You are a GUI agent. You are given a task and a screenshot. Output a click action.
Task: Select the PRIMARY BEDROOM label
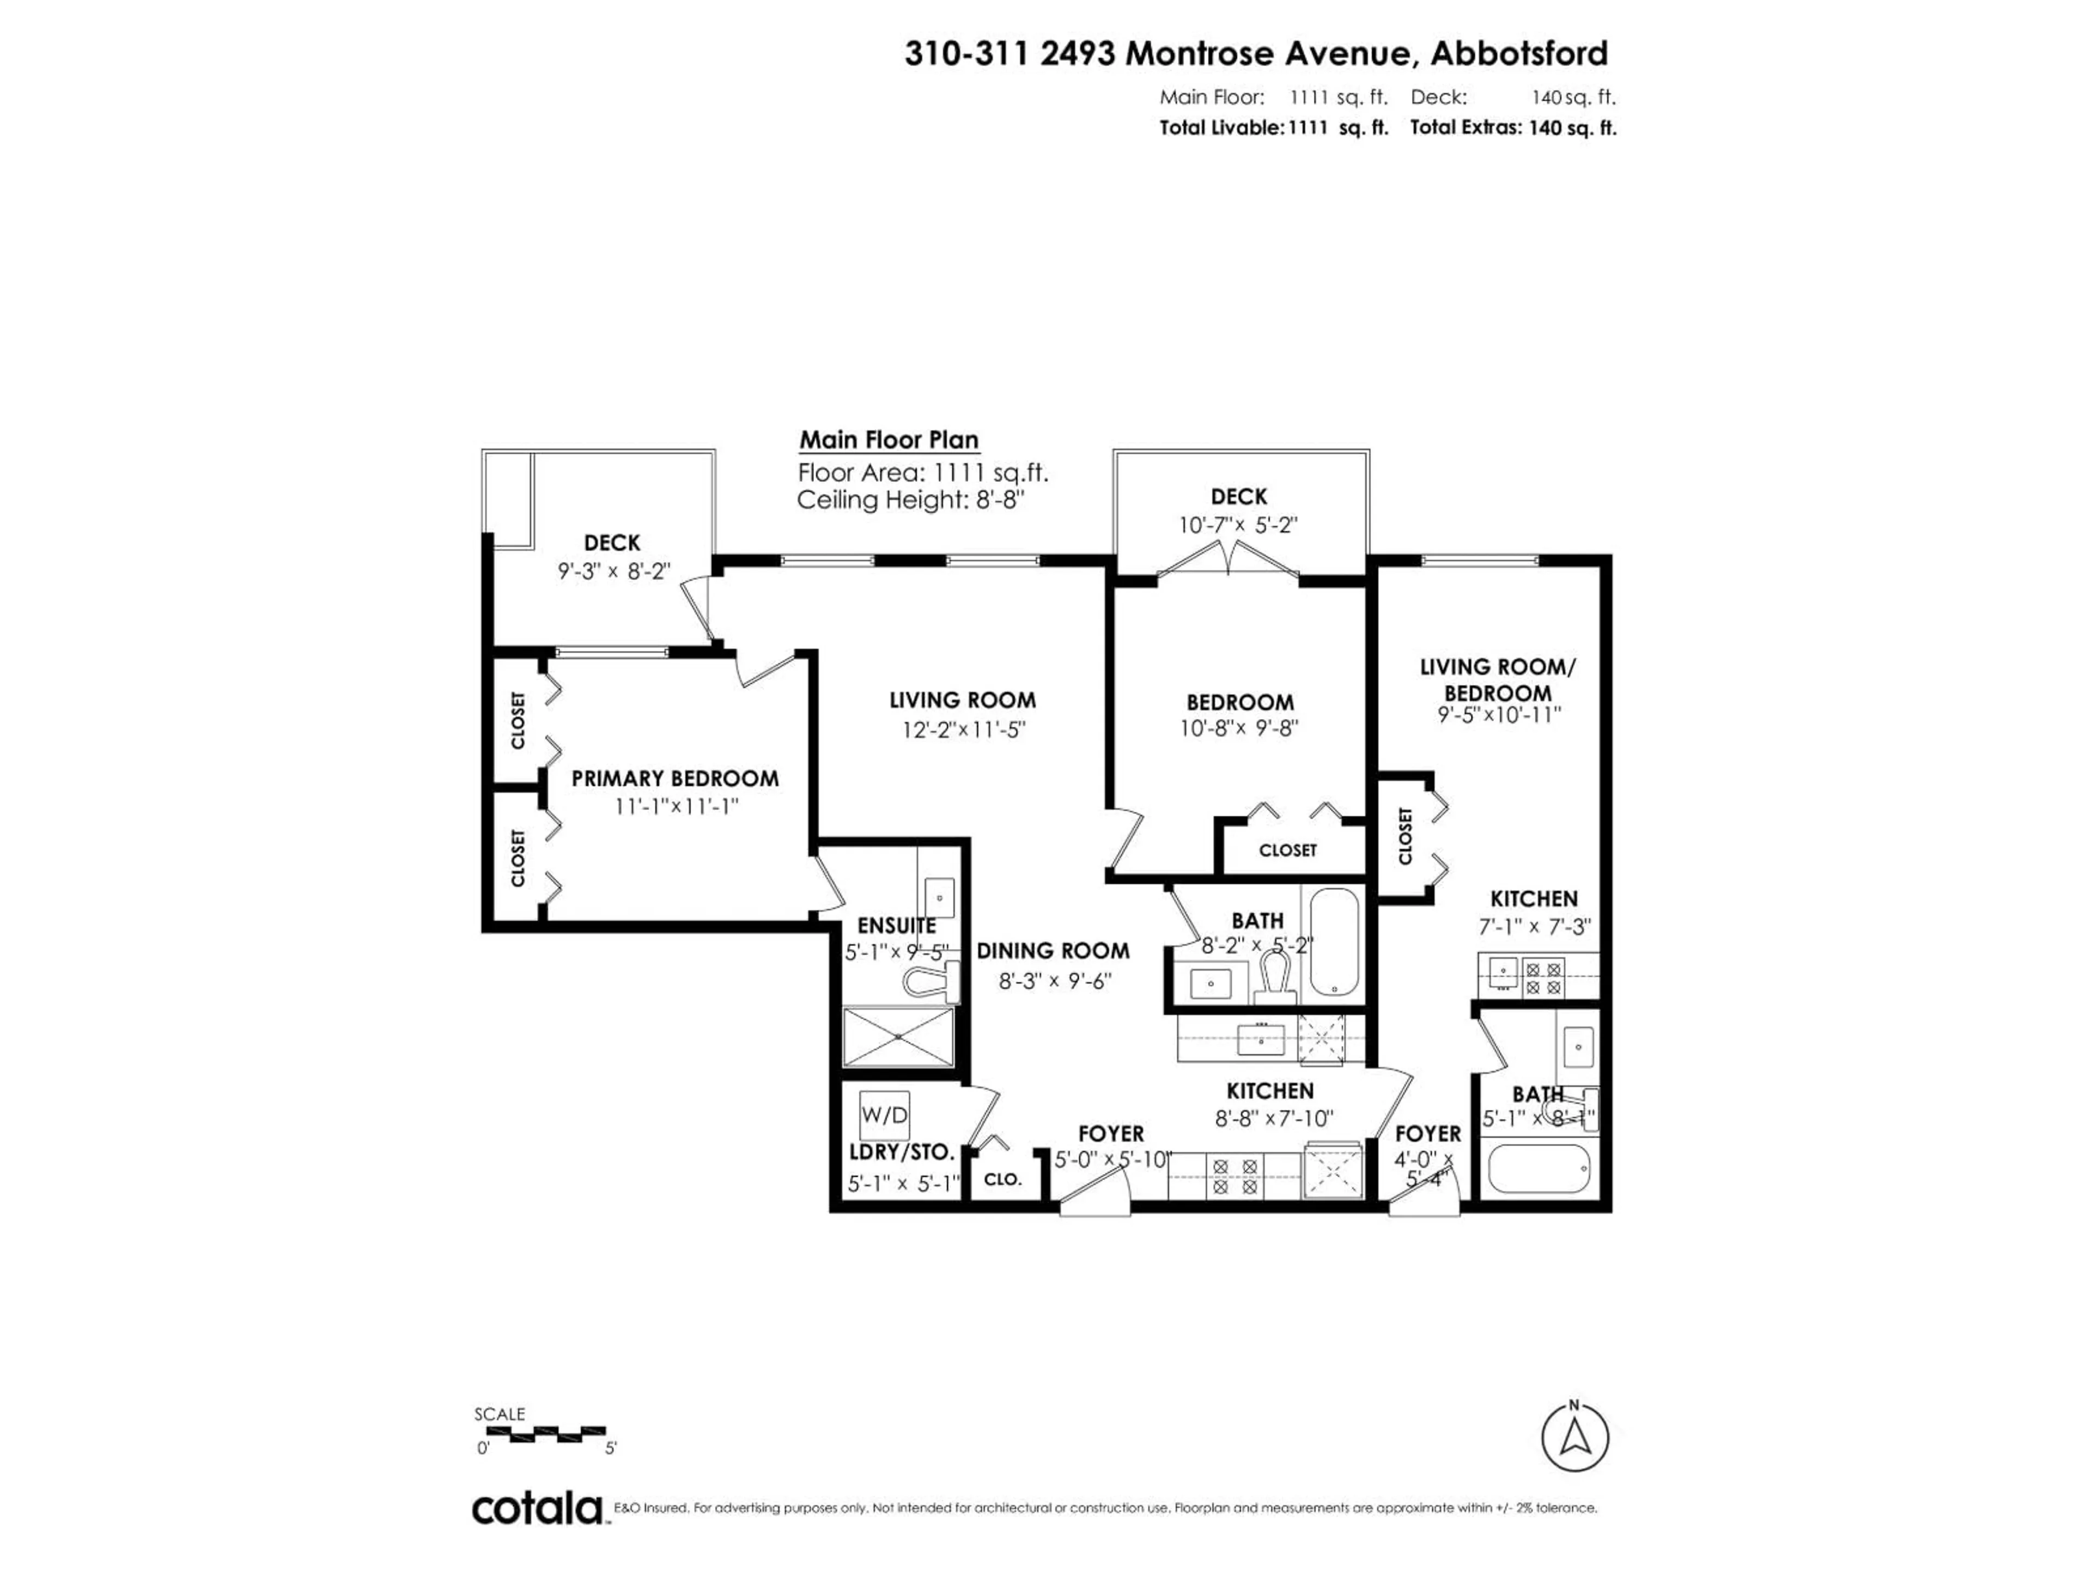[x=674, y=779]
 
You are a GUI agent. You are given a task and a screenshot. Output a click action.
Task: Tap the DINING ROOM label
[x=1053, y=951]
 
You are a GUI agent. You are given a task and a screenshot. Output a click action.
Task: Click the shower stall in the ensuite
[x=897, y=1037]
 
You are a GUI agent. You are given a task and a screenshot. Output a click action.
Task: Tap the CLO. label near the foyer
[x=1002, y=1179]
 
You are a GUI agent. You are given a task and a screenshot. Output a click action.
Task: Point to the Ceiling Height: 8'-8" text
[x=911, y=500]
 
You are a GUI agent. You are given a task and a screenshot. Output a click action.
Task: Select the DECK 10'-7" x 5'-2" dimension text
[x=1237, y=525]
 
